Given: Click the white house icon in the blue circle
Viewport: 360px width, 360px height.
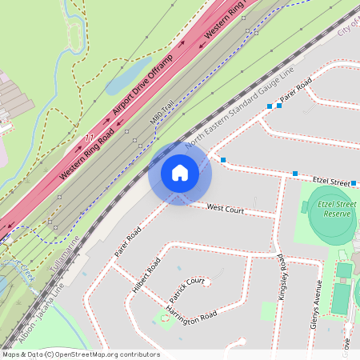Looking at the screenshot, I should point(180,173).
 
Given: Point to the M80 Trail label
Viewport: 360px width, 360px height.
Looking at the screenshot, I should point(162,112).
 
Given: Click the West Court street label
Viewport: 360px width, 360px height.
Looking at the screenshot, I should point(225,209).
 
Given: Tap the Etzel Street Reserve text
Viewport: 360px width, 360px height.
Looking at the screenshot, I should point(334,209).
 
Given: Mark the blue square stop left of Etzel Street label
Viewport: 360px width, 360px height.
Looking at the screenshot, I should point(295,173).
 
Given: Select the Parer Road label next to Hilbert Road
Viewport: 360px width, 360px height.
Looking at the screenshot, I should point(127,240).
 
